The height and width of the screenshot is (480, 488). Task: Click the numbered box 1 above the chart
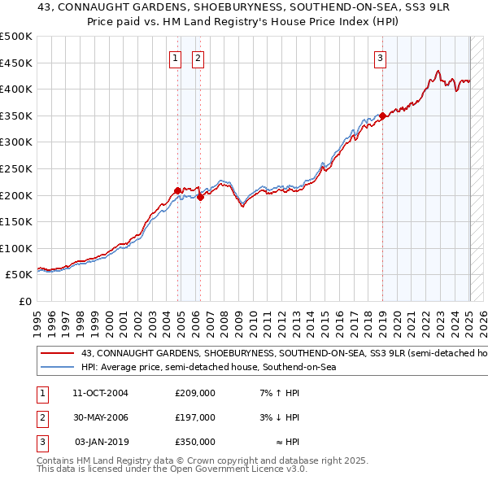[x=176, y=57]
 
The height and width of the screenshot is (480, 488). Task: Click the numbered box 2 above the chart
[x=198, y=57]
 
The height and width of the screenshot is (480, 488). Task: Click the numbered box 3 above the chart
[x=380, y=57]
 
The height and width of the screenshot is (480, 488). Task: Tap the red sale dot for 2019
[x=382, y=116]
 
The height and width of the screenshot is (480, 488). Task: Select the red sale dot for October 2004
[x=177, y=190]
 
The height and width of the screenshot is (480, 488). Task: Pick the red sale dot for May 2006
[x=200, y=197]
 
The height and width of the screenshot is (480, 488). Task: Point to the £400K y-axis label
[x=16, y=89]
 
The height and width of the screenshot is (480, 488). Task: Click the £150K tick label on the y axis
[x=16, y=221]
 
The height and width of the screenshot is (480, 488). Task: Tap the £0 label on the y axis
[x=24, y=301]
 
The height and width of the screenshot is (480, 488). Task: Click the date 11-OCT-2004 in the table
[x=100, y=393]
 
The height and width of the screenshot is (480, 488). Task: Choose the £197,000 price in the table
[x=195, y=417]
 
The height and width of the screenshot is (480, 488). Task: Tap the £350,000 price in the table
[x=195, y=442]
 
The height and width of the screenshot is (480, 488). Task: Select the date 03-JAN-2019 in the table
[x=102, y=442]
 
